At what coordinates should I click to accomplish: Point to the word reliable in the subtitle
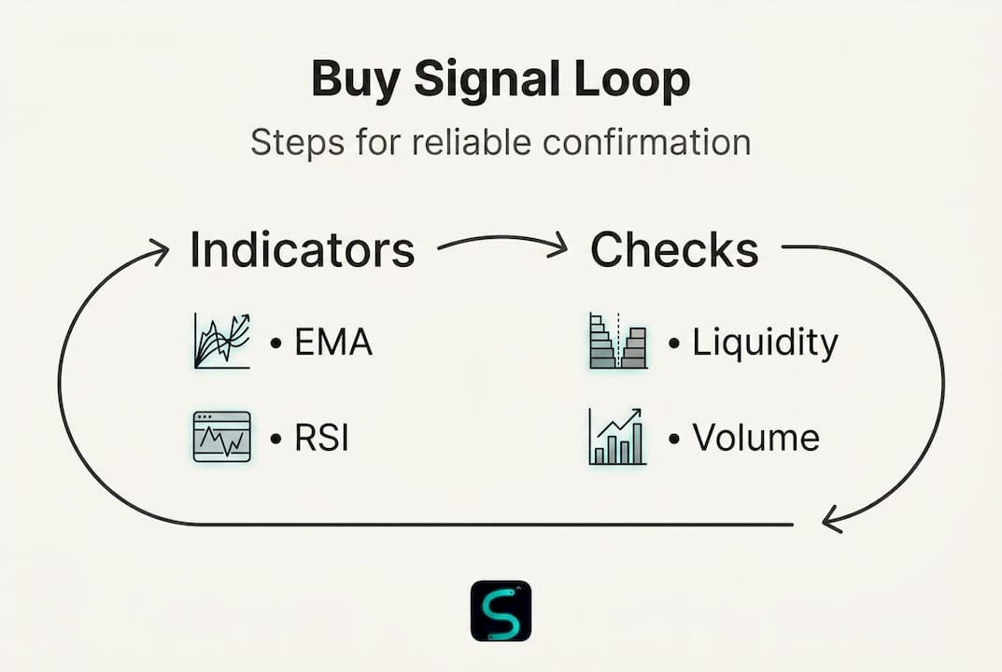click(471, 141)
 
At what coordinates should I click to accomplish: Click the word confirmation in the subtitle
click(647, 141)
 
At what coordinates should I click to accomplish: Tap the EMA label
click(333, 342)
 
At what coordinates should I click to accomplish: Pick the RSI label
click(321, 439)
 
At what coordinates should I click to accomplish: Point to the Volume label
click(756, 438)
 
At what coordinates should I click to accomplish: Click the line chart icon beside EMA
click(221, 341)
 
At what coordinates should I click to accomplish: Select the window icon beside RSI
click(221, 436)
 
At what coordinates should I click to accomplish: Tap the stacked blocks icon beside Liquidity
click(618, 341)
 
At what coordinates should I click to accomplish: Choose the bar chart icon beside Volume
click(617, 437)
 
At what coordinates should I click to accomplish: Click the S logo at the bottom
click(501, 610)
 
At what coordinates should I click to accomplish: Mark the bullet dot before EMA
click(275, 343)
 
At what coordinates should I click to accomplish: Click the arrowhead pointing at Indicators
click(159, 252)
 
